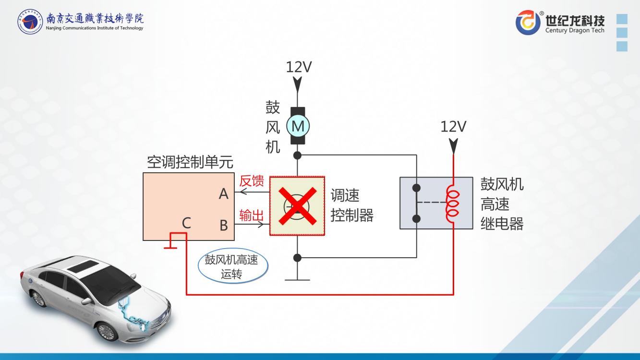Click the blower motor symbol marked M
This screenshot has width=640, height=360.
pyautogui.click(x=298, y=126)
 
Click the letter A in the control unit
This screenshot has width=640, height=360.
pyautogui.click(x=224, y=194)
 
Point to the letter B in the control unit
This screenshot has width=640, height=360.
pyautogui.click(x=224, y=225)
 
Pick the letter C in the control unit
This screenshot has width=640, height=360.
pyautogui.click(x=186, y=223)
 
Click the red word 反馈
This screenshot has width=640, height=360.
pyautogui.click(x=252, y=181)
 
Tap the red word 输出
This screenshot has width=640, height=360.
pyautogui.click(x=252, y=216)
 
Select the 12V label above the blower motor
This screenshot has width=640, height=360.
pyautogui.click(x=299, y=67)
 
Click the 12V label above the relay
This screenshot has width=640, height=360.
pyautogui.click(x=453, y=127)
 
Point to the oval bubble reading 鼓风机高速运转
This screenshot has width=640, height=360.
pyautogui.click(x=233, y=266)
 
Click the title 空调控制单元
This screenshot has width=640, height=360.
pyautogui.click(x=190, y=163)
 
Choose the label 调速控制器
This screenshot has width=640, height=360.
pyautogui.click(x=351, y=205)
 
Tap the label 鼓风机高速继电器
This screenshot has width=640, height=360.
pyautogui.click(x=502, y=204)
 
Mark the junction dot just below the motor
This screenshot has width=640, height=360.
pyautogui.click(x=297, y=155)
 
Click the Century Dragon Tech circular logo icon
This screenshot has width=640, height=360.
pyautogui.click(x=528, y=23)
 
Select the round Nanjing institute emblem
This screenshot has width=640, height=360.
pyautogui.click(x=30, y=22)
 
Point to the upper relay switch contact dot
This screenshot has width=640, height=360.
pyautogui.click(x=416, y=188)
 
